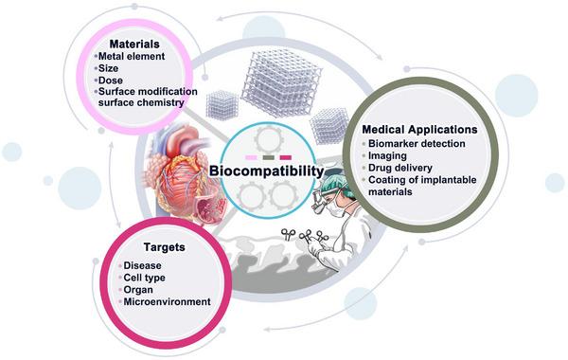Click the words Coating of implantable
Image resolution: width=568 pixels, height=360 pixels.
tap(427, 185)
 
